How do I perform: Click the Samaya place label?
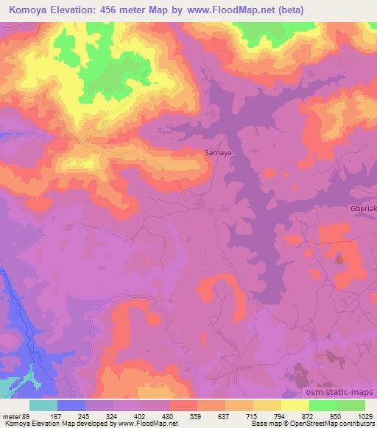click(218, 153)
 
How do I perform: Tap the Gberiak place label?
click(362, 208)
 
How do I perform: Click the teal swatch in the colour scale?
click(43, 405)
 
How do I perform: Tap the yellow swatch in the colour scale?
click(295, 405)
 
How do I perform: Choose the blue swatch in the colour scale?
click(71, 405)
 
